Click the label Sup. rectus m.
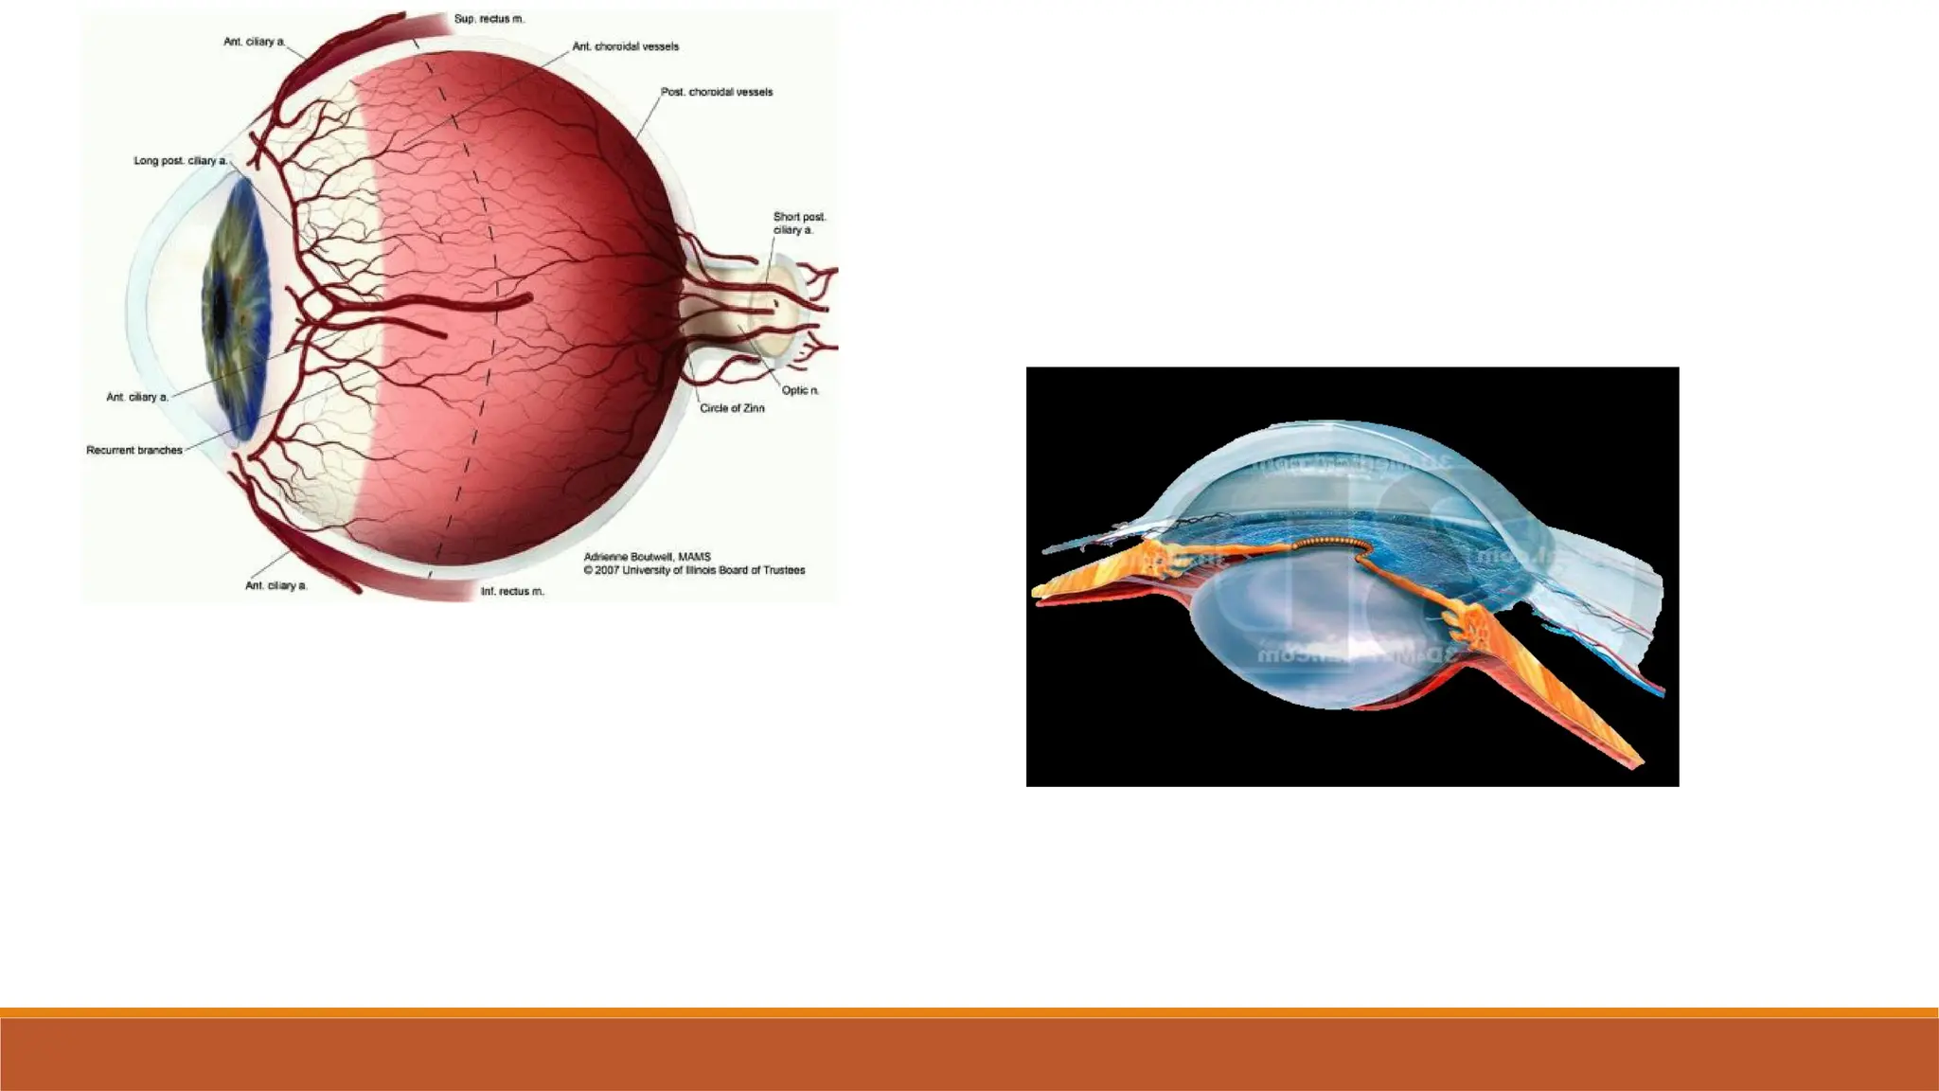pos(489,19)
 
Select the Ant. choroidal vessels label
pos(625,46)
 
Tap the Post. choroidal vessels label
pos(716,92)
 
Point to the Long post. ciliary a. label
pos(180,161)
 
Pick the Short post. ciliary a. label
pos(799,224)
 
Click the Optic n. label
pos(800,390)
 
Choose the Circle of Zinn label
pos(732,408)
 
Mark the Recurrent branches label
pos(134,450)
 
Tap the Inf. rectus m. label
pos(512,591)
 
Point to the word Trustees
pos(782,570)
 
